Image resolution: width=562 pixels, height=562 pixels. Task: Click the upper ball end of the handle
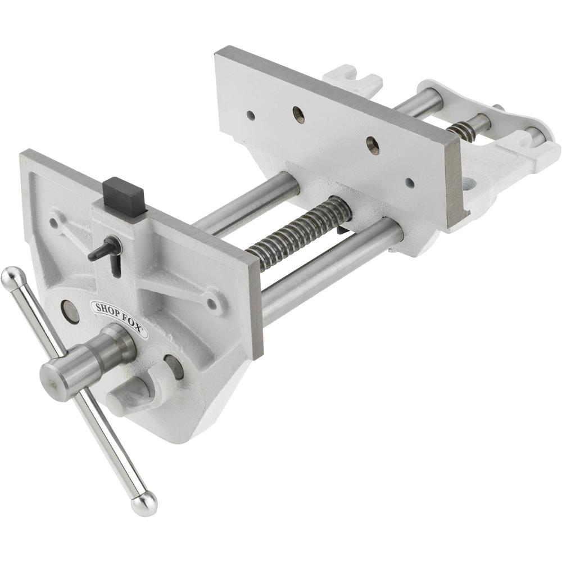pyautogui.click(x=13, y=278)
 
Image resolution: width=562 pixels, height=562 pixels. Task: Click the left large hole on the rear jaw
pyautogui.click(x=299, y=115)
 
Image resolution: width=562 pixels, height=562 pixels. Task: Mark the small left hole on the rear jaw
pyautogui.click(x=251, y=116)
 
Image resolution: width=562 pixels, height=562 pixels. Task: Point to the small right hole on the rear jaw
pyautogui.click(x=410, y=183)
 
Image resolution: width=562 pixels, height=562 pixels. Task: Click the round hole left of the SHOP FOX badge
pyautogui.click(x=70, y=311)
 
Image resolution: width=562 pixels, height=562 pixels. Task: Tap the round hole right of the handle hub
pyautogui.click(x=174, y=366)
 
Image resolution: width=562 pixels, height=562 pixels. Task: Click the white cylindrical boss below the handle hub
pyautogui.click(x=130, y=393)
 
